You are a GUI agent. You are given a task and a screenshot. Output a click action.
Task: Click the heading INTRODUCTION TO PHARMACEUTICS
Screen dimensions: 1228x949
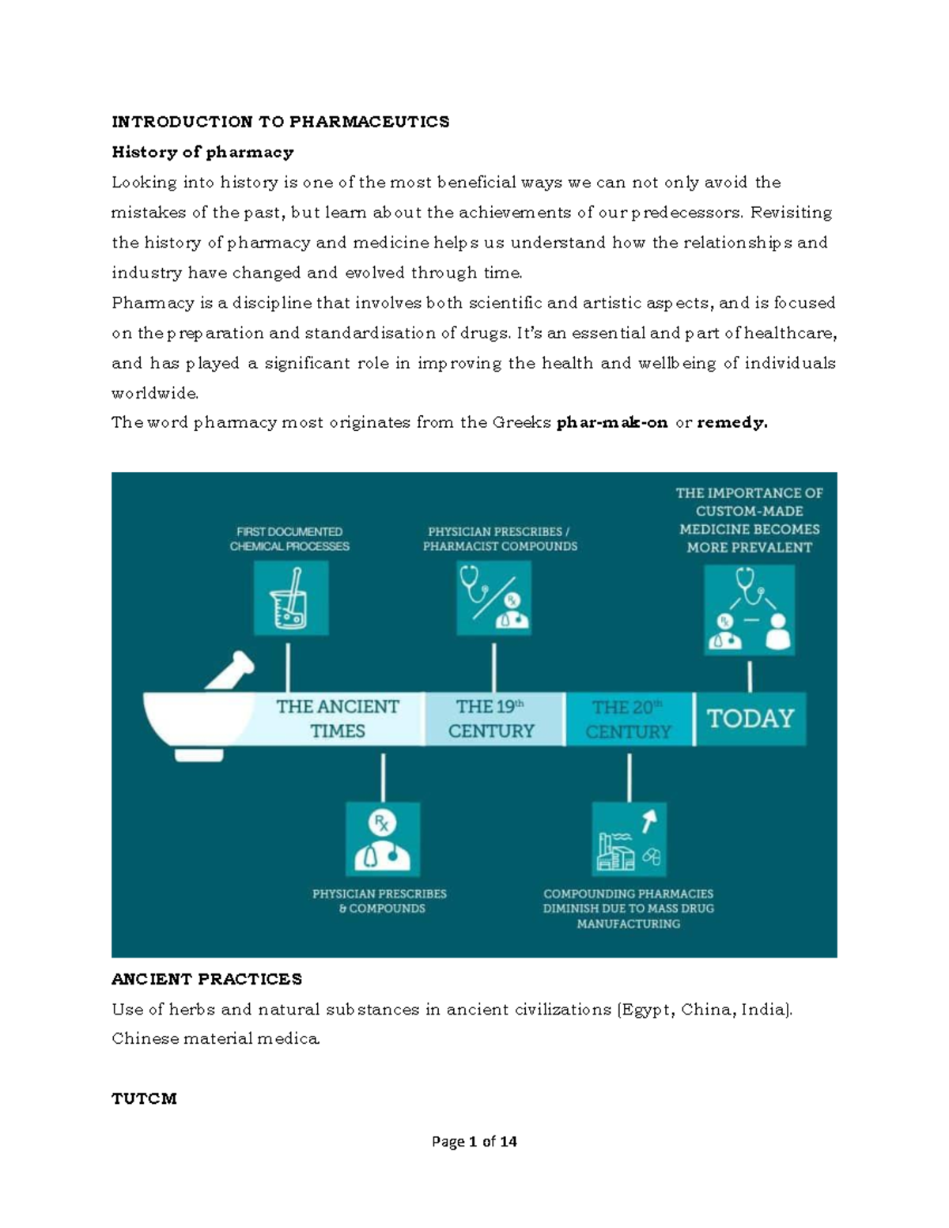click(x=280, y=122)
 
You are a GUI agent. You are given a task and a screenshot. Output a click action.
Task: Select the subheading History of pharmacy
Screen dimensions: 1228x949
click(x=202, y=152)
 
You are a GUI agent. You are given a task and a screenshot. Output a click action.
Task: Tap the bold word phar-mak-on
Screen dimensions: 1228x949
click(x=612, y=422)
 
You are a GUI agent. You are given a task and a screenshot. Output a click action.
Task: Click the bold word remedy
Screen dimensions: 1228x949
click(x=732, y=422)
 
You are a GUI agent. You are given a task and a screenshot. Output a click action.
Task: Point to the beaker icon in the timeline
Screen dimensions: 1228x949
click(x=290, y=599)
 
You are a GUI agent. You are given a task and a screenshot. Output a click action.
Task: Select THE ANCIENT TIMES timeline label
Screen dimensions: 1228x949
click(x=338, y=718)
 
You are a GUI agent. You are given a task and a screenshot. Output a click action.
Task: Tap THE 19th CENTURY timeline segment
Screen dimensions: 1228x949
click(x=492, y=718)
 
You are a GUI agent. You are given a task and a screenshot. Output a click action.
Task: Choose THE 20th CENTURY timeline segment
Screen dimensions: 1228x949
click(x=628, y=719)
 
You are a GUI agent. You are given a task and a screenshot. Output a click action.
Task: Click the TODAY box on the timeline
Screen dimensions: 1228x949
click(x=750, y=719)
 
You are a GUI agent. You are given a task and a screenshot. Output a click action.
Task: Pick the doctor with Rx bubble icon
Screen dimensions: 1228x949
click(x=383, y=839)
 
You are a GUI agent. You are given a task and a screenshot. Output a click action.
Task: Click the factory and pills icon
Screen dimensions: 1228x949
click(x=629, y=839)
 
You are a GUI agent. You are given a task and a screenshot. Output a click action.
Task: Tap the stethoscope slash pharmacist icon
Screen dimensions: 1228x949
click(x=493, y=599)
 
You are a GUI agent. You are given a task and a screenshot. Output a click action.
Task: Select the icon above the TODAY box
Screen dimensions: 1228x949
click(x=749, y=610)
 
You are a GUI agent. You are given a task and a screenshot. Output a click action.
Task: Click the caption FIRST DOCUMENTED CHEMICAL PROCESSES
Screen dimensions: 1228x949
click(x=289, y=539)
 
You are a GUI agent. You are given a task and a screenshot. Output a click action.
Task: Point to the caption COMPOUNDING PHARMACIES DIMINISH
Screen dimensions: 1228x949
click(x=628, y=909)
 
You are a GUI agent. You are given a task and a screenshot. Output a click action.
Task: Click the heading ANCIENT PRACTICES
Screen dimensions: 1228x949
click(x=206, y=979)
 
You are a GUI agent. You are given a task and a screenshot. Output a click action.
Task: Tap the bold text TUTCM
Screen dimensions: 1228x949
click(x=144, y=1098)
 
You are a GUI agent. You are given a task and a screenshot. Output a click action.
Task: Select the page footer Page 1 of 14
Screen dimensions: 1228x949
click(x=474, y=1141)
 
